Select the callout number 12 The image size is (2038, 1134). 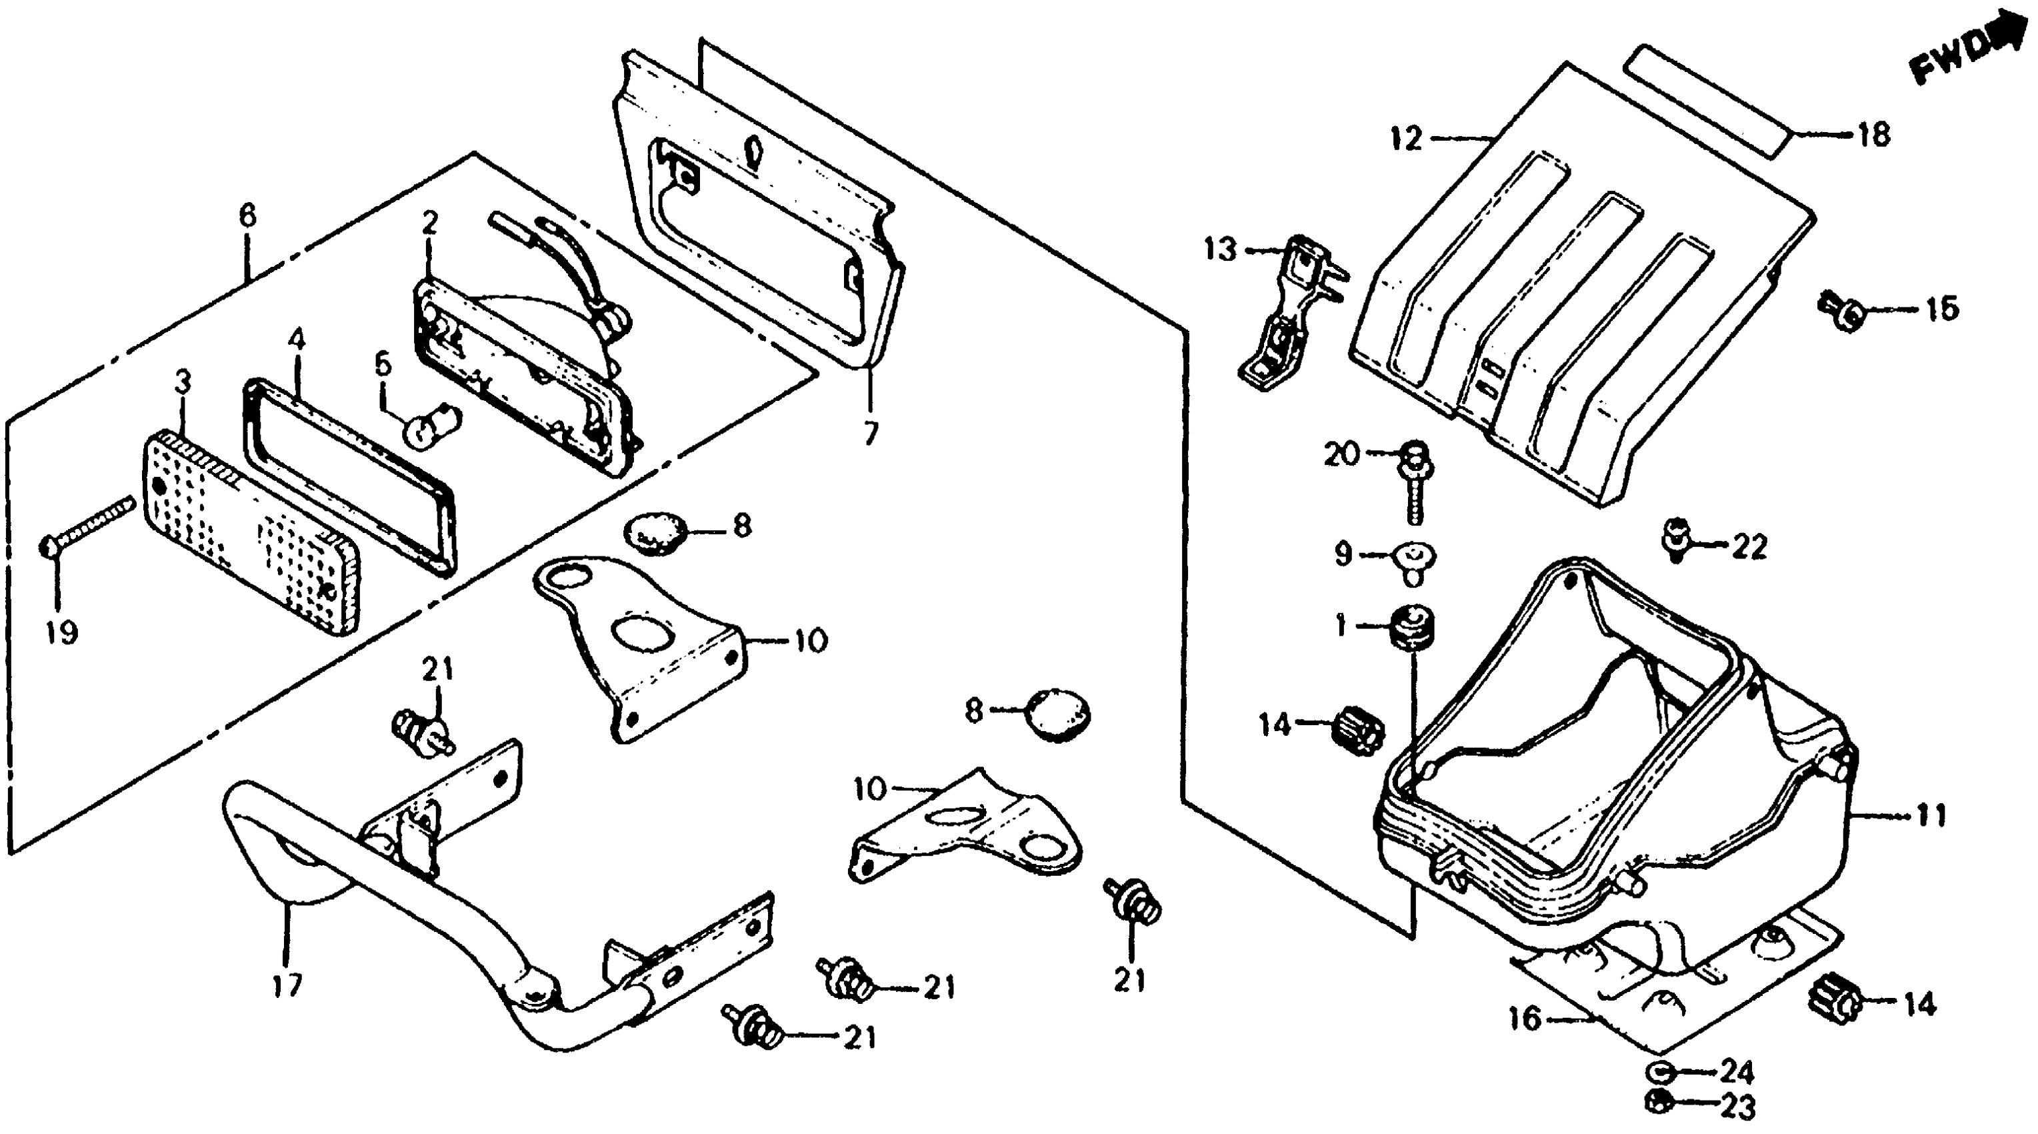click(x=1407, y=139)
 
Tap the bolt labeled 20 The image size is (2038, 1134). click(x=1414, y=480)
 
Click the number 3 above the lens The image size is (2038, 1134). click(x=183, y=384)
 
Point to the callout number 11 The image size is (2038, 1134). click(x=1931, y=814)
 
